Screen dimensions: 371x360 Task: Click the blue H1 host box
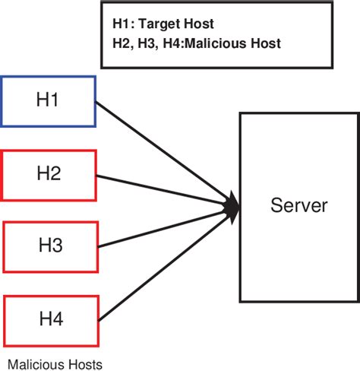pyautogui.click(x=49, y=100)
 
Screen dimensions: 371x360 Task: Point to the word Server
pyautogui.click(x=298, y=205)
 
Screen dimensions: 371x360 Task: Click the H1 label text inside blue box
pyautogui.click(x=49, y=100)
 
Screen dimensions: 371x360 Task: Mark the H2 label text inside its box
pyautogui.click(x=49, y=173)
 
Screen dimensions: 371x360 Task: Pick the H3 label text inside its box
pyautogui.click(x=50, y=246)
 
